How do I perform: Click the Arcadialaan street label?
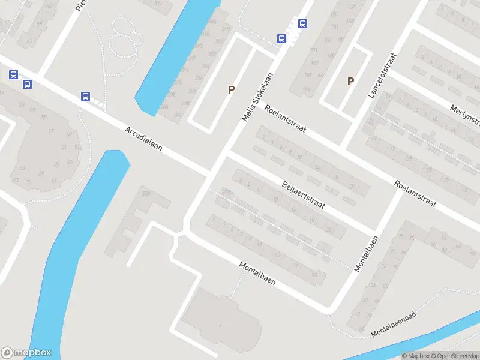[x=143, y=139]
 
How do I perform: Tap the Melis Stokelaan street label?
[x=258, y=97]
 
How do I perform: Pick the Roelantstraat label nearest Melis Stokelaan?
[x=285, y=118]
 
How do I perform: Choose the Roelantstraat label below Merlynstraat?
[x=416, y=194]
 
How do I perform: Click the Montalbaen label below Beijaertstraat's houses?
[x=257, y=273]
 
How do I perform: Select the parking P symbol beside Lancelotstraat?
[x=351, y=81]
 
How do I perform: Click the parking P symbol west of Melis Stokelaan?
[x=230, y=89]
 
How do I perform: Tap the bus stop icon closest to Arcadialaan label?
[x=86, y=96]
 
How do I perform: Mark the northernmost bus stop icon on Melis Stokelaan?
[x=302, y=24]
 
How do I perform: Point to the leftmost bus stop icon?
[x=13, y=75]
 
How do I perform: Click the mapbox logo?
[x=26, y=353]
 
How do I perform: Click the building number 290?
[x=146, y=193]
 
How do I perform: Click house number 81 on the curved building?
[x=77, y=146]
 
